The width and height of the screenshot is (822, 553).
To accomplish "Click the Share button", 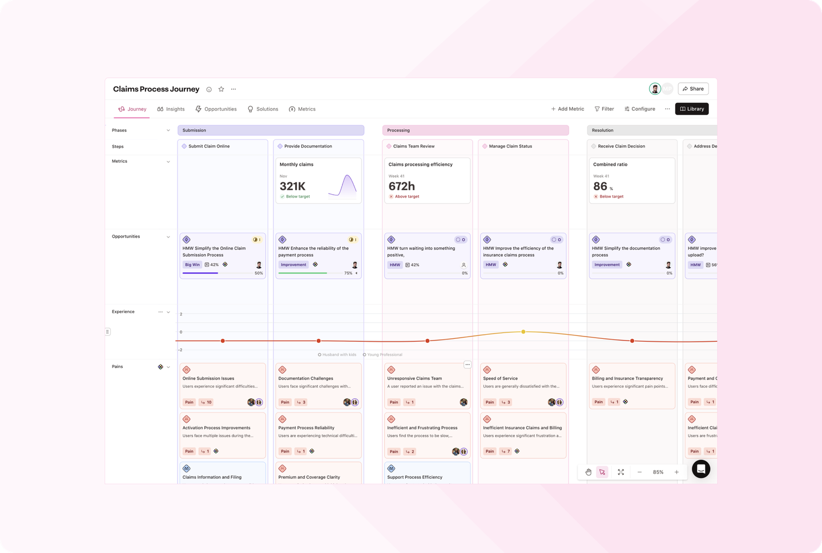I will (693, 89).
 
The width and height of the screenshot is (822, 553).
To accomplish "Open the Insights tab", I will (171, 109).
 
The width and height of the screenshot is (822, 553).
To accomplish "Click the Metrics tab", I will (302, 109).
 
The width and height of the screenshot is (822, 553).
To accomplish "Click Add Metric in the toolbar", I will (567, 109).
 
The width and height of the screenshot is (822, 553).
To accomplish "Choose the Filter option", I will (605, 109).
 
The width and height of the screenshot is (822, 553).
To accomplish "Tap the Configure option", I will (640, 109).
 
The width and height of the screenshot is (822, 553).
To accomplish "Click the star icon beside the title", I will (221, 89).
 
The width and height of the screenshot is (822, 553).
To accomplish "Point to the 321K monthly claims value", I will (292, 186).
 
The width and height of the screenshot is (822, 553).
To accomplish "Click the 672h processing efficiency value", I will (402, 186).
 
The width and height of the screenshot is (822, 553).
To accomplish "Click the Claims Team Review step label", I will (413, 146).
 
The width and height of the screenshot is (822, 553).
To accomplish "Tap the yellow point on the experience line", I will (523, 332).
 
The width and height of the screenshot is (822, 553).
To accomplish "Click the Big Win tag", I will (192, 265).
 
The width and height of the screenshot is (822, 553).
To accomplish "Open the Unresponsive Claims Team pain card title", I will (414, 379).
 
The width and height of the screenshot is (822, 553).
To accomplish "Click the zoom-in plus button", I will (676, 472).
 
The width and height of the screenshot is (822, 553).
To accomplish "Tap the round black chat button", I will (701, 469).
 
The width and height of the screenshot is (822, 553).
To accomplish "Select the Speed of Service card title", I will (500, 379).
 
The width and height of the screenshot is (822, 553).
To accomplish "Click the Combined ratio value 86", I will (600, 186).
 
